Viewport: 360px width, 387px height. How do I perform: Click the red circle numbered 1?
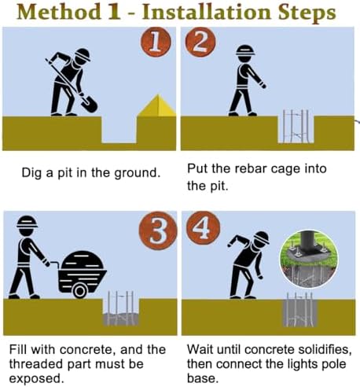pos(156,42)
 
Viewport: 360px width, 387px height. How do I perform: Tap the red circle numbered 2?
pos(200,42)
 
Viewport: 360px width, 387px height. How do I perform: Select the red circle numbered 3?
pos(158,230)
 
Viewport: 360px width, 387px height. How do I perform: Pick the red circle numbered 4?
pos(204,227)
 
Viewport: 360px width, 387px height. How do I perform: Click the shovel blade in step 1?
pos(90,104)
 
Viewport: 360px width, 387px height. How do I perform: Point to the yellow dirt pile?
pos(157,105)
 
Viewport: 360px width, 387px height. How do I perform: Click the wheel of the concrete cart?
pos(80,290)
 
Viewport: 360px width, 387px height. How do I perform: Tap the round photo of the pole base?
pos(309,259)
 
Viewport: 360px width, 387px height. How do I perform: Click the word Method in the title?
pos(59,13)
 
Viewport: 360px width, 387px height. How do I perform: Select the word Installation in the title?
pos(206,13)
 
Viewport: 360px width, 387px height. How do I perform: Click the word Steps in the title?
pos(307,13)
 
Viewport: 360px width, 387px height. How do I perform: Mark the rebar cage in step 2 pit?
pos(296,127)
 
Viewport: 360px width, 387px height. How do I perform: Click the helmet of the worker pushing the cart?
pos(27,222)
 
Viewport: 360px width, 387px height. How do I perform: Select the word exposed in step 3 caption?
pos(36,379)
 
